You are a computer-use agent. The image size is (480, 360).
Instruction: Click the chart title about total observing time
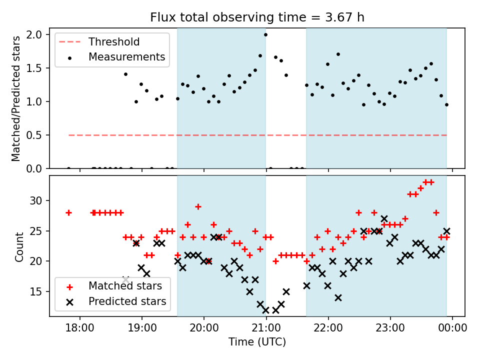(257, 17)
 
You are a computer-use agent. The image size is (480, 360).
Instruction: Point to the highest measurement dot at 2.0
(265, 34)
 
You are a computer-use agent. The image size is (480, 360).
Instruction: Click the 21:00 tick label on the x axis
(266, 328)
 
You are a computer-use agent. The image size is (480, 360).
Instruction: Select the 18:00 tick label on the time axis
(80, 328)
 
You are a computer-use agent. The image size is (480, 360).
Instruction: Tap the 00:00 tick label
(452, 328)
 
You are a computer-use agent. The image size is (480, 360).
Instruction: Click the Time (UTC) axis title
(257, 342)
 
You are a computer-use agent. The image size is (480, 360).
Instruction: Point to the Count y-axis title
(19, 246)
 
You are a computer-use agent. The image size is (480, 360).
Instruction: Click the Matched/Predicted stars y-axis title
(16, 98)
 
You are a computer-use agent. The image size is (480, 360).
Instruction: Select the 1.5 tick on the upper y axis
(36, 68)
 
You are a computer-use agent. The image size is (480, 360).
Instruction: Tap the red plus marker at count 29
(198, 206)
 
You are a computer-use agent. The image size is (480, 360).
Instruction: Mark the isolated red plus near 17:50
(68, 212)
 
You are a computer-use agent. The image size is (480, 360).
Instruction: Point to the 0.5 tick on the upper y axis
(36, 135)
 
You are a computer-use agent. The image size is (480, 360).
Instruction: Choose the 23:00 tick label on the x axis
(390, 328)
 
